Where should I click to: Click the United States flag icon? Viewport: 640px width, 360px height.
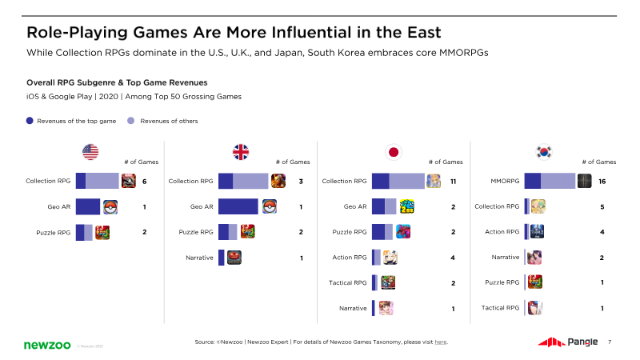[90, 151]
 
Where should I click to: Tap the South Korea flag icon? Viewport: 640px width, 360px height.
[544, 151]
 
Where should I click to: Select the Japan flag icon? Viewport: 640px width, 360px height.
[393, 151]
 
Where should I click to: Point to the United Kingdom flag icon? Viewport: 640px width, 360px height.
[240, 151]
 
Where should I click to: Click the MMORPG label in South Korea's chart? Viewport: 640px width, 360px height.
[505, 182]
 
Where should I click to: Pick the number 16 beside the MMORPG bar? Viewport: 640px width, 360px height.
[602, 182]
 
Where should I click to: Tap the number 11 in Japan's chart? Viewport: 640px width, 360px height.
[453, 182]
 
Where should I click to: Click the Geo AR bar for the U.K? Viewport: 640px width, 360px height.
[238, 206]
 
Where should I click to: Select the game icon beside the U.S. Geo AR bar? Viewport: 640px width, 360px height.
[110, 206]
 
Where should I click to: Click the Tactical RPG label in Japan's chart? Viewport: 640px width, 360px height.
[348, 282]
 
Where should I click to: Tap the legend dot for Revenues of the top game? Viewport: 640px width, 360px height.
[30, 121]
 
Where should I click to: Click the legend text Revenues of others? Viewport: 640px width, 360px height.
[169, 121]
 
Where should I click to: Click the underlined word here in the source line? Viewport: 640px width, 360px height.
[440, 342]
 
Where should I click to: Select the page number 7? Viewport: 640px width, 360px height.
[610, 342]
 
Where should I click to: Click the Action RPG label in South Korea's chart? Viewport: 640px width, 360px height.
[502, 232]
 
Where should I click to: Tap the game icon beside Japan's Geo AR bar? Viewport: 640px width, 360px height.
[406, 206]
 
